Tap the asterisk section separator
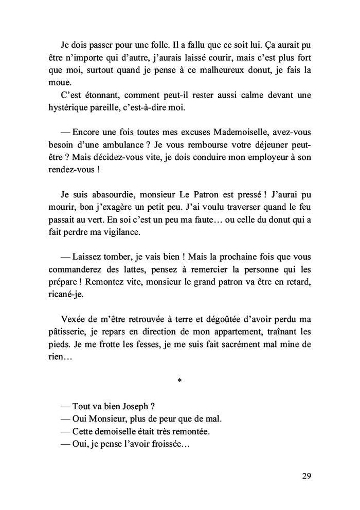pyautogui.click(x=179, y=381)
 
